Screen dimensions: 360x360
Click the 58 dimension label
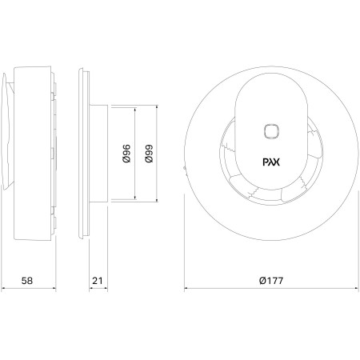(27, 281)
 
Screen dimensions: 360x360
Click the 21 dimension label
(98, 281)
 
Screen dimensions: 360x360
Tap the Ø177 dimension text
(271, 281)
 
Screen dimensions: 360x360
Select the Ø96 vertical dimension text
(126, 154)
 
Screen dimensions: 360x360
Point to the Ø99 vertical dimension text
(149, 154)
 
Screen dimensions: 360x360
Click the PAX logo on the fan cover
(271, 162)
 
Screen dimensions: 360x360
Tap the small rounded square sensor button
(271, 131)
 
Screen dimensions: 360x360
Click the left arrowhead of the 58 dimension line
(3, 288)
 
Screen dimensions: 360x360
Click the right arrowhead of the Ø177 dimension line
(357, 288)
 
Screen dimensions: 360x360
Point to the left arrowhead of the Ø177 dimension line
(186, 288)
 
